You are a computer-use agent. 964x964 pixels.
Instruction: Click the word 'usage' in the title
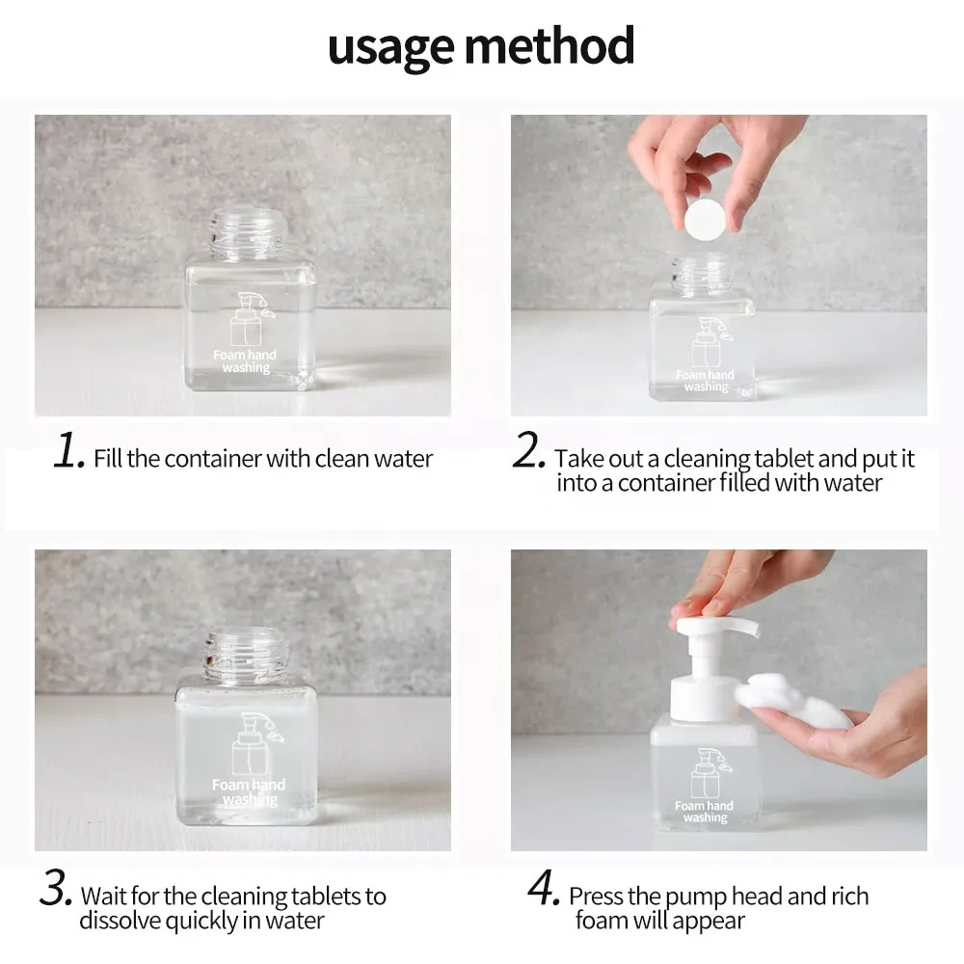pos(391,47)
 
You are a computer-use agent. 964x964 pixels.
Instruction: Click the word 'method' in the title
pos(549,44)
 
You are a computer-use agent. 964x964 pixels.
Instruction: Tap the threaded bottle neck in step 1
pos(247,233)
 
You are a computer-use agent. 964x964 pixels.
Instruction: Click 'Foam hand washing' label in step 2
pos(706,381)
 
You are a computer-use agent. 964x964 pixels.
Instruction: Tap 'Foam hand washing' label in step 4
pos(705,812)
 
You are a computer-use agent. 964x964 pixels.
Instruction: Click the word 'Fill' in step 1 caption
pos(108,459)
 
